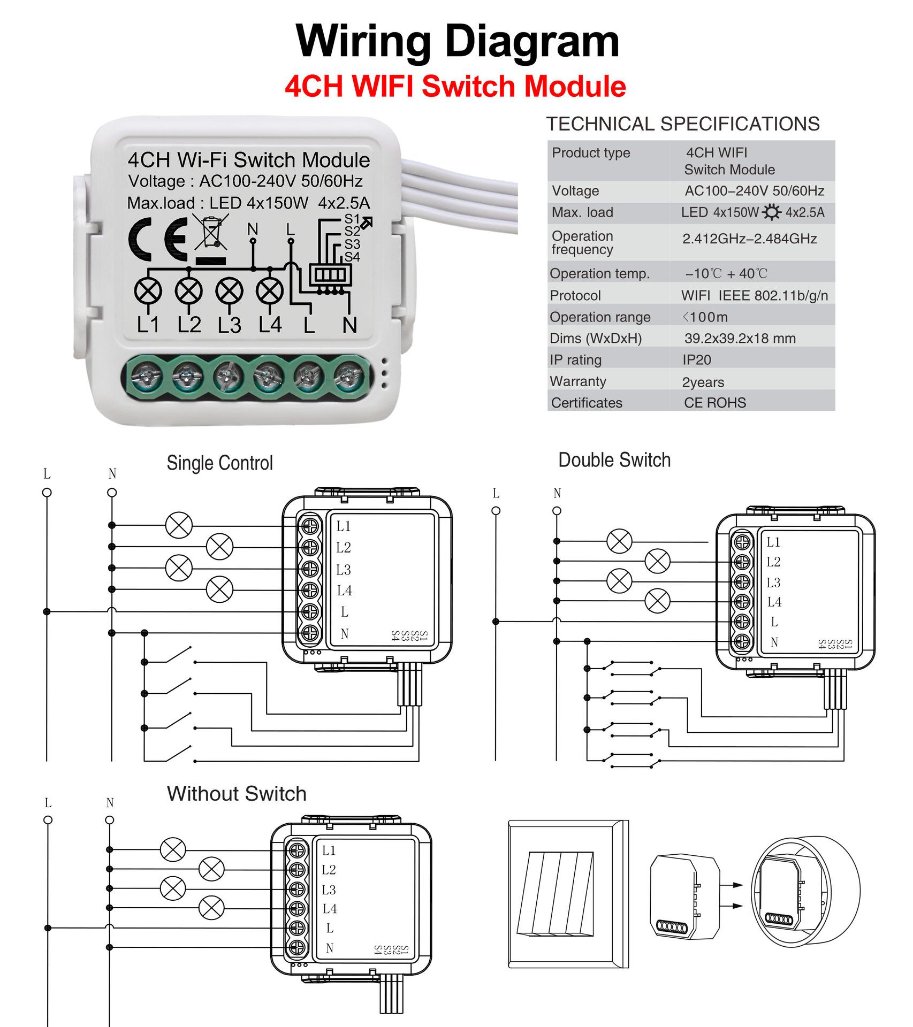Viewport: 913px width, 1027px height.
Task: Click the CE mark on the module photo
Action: [x=158, y=240]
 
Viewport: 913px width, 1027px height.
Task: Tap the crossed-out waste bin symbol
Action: [x=211, y=233]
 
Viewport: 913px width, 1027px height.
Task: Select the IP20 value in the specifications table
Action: [x=696, y=360]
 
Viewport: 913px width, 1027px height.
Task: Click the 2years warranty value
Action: [x=703, y=382]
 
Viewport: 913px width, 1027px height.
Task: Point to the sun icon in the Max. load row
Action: [x=771, y=212]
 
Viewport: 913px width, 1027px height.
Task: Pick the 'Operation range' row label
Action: [x=600, y=317]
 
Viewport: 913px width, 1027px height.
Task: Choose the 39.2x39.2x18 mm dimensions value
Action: [x=740, y=338]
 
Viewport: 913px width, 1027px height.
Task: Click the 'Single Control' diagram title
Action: [x=219, y=463]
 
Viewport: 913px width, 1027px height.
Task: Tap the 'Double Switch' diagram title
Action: [x=614, y=459]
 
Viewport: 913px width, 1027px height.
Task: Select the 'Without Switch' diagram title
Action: [x=237, y=793]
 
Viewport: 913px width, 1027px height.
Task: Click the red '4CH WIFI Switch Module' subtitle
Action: [x=455, y=86]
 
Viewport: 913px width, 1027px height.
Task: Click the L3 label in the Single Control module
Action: [x=344, y=570]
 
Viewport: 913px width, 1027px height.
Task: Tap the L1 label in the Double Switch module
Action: [x=773, y=542]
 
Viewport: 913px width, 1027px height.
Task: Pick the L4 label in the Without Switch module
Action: [x=330, y=908]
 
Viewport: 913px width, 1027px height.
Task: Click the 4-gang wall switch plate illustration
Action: [x=568, y=894]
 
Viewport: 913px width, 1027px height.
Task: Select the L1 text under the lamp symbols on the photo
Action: [x=148, y=325]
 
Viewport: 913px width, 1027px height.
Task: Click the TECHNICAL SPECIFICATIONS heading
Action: [x=683, y=124]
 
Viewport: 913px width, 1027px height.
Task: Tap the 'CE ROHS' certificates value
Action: [x=715, y=403]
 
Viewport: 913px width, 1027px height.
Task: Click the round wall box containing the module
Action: [x=805, y=891]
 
